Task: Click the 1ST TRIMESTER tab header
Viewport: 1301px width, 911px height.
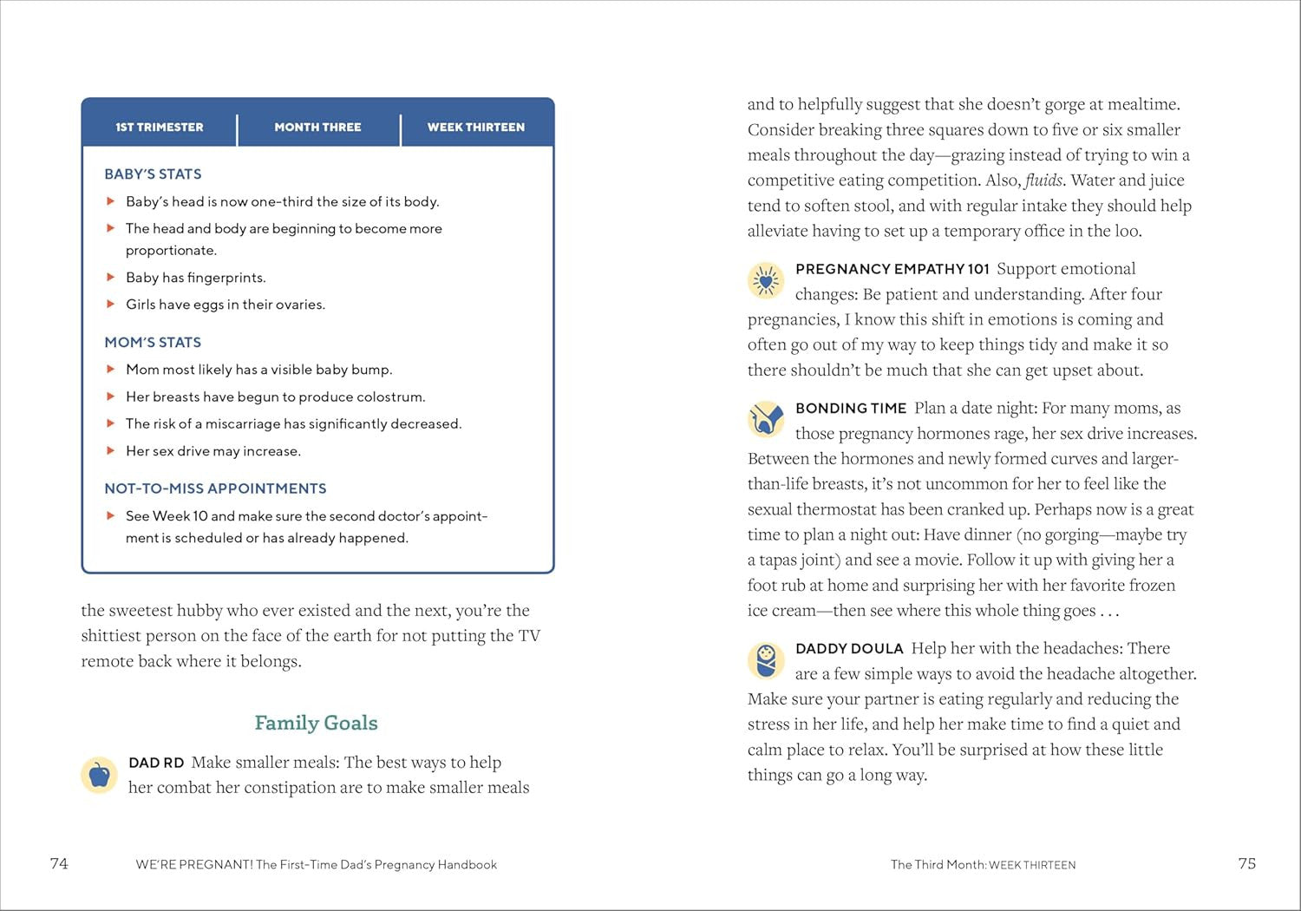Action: coord(159,127)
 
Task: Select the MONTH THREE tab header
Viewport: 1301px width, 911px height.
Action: coord(317,127)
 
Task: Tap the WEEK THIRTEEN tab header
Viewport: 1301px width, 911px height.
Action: coord(475,127)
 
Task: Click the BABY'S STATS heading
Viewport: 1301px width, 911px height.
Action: coord(153,174)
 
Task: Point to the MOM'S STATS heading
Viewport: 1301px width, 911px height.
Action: coord(153,343)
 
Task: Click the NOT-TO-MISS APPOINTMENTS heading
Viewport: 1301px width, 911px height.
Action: coord(215,488)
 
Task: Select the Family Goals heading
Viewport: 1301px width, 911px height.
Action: coord(316,723)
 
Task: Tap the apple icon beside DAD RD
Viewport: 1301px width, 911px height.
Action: coord(99,774)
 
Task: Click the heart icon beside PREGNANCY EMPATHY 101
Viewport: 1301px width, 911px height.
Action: coord(766,280)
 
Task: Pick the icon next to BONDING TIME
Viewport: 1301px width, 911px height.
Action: coord(766,420)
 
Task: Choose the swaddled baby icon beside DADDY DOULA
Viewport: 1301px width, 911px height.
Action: coord(766,660)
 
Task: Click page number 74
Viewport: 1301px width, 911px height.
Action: coord(59,863)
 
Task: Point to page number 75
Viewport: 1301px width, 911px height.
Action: coord(1246,863)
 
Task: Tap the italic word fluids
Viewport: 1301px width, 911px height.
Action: coord(1043,180)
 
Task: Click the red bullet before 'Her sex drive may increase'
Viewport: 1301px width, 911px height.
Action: coord(111,451)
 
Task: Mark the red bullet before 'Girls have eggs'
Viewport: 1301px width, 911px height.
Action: coord(111,305)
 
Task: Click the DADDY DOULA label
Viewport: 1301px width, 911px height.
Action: coord(849,649)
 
